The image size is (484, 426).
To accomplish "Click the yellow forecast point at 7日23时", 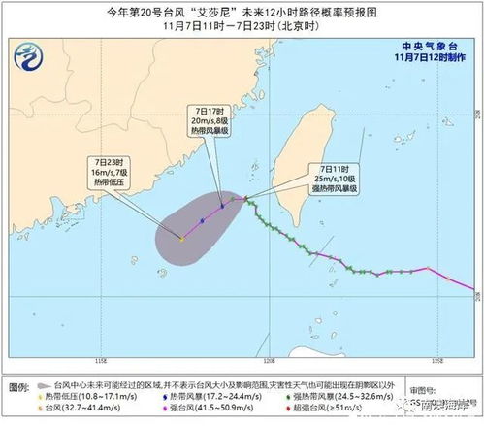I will point(182,238).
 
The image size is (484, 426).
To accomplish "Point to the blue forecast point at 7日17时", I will point(222,207).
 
